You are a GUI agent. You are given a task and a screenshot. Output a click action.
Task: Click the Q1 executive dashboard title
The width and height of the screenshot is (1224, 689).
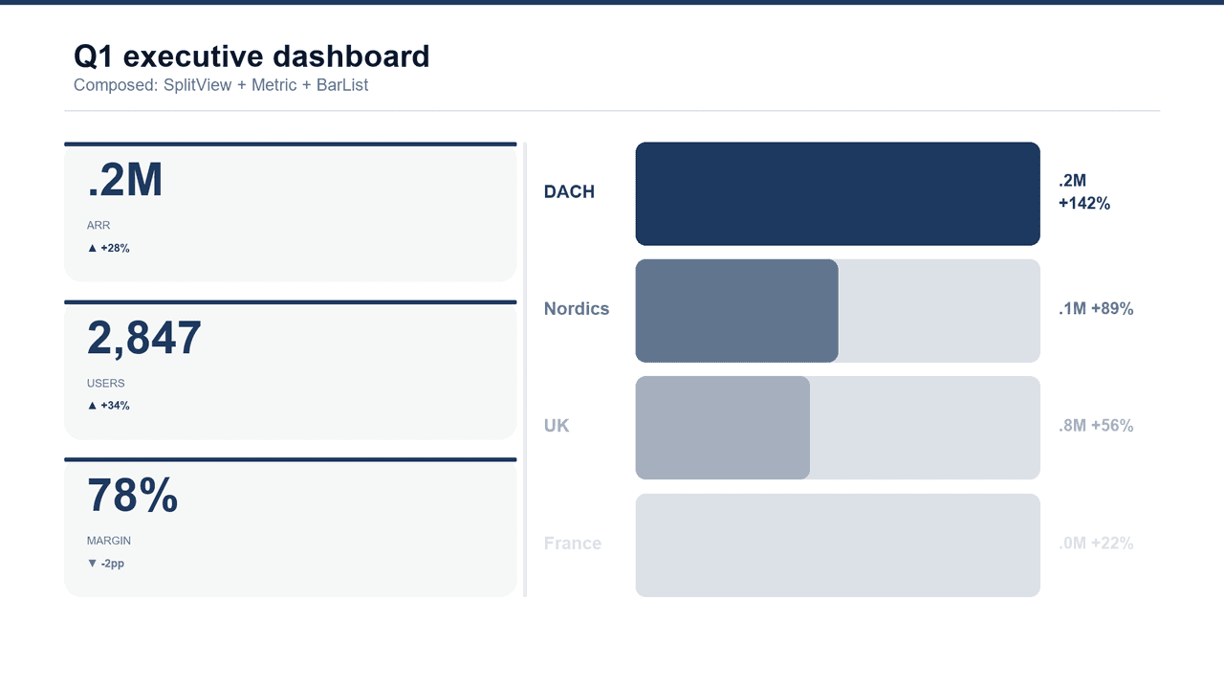[x=251, y=56]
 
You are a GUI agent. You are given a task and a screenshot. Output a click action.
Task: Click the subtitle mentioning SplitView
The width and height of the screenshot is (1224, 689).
[x=221, y=85]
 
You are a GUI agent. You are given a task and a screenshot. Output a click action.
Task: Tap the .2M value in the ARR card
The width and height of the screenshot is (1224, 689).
[x=125, y=180]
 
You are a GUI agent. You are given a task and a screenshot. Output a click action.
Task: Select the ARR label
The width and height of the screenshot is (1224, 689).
[x=98, y=226]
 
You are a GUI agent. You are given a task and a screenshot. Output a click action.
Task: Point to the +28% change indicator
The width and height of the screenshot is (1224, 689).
[x=108, y=248]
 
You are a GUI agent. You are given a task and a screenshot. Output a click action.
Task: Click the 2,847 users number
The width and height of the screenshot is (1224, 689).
[x=144, y=338]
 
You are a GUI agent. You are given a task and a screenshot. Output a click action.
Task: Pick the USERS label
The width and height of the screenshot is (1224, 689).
[x=106, y=384]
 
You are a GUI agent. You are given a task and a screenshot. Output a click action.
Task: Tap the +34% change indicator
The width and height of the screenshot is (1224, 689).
[x=108, y=406]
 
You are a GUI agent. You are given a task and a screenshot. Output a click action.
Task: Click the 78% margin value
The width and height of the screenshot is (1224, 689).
[x=133, y=496]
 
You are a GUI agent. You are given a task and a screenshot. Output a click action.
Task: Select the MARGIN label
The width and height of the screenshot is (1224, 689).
[x=109, y=541]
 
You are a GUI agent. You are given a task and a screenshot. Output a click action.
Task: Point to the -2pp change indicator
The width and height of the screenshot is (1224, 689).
[x=106, y=564]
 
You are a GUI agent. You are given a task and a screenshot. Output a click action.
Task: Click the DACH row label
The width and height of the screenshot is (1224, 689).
[x=569, y=192]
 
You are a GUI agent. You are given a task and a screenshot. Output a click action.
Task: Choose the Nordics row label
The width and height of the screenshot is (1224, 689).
[x=577, y=309]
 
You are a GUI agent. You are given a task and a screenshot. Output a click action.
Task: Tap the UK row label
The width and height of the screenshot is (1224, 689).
[x=557, y=426]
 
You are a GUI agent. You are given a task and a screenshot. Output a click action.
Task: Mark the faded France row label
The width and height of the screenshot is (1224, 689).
[x=573, y=544]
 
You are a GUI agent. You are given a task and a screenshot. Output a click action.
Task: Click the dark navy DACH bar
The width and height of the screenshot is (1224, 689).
[x=838, y=193]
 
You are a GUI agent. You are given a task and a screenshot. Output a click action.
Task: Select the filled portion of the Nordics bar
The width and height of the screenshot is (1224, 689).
[x=736, y=311]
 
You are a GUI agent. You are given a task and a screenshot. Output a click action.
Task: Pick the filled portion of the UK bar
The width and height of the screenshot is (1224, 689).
[x=722, y=428]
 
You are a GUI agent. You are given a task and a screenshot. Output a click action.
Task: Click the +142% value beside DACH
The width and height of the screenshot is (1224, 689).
[x=1084, y=204]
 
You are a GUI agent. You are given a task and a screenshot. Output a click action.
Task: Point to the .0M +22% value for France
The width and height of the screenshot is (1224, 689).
[x=1096, y=544]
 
